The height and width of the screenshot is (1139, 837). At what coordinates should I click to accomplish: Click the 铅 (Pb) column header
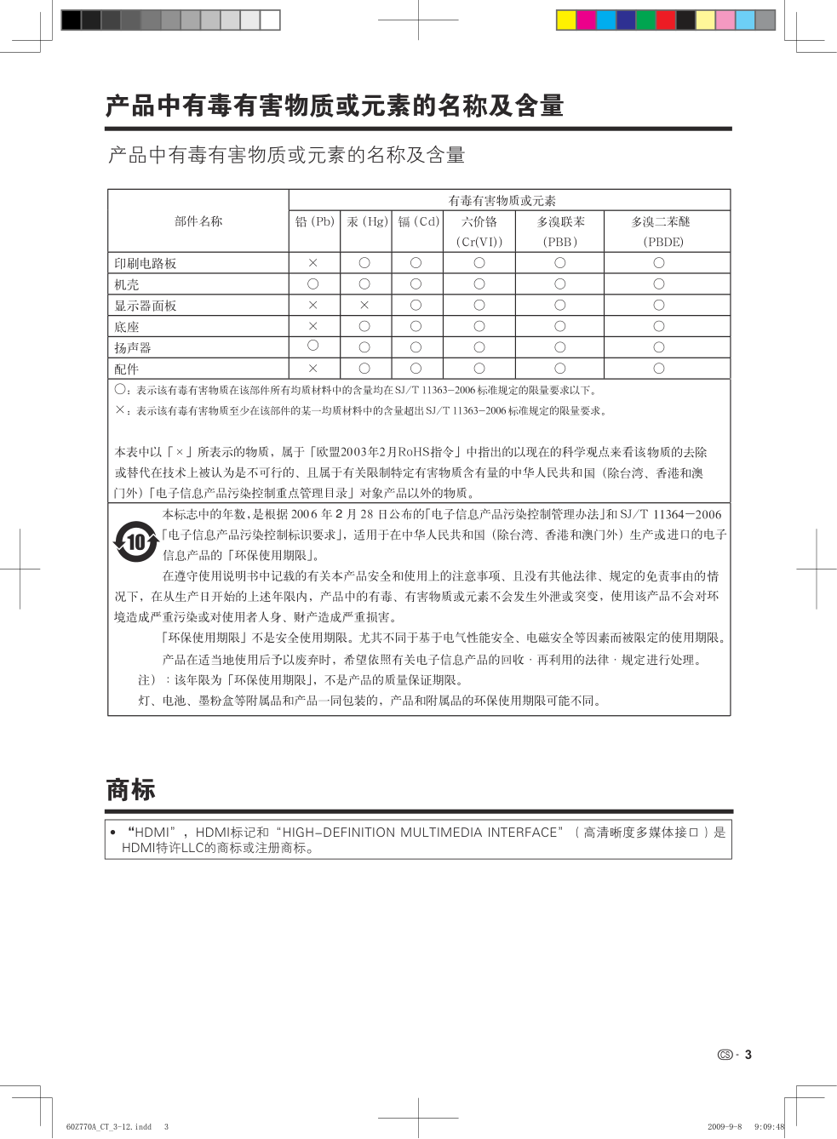click(x=314, y=221)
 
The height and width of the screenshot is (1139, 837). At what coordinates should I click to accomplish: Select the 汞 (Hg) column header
click(x=366, y=221)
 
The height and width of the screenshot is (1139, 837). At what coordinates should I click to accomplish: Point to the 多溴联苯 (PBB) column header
click(x=560, y=231)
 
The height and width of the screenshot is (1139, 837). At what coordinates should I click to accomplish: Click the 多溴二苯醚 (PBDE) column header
click(x=661, y=231)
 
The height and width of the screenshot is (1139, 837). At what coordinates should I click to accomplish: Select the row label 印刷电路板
click(x=146, y=264)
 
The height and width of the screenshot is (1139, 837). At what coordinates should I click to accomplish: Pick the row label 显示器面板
click(x=146, y=306)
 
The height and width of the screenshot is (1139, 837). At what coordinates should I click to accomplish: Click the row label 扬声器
click(x=133, y=348)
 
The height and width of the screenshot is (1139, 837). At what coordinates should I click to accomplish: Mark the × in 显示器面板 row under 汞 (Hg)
click(x=364, y=305)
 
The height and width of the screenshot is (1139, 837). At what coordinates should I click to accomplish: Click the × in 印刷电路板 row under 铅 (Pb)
click(x=313, y=263)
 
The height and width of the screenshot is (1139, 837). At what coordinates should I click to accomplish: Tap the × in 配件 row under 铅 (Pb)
click(x=313, y=369)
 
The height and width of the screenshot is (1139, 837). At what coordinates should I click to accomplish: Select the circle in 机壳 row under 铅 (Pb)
click(x=313, y=283)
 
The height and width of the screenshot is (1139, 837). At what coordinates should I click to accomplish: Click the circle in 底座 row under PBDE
click(x=659, y=326)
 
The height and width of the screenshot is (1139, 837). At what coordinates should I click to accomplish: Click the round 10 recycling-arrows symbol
click(x=136, y=541)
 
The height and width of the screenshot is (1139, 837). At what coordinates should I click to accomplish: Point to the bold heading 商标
click(x=131, y=790)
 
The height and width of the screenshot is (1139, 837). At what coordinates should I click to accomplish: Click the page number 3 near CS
click(x=748, y=1055)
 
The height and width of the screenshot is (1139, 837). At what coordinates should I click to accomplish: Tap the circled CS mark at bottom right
click(x=725, y=1055)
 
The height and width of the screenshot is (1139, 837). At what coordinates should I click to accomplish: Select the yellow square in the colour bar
click(x=566, y=20)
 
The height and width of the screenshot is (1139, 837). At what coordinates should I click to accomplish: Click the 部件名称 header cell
click(x=198, y=221)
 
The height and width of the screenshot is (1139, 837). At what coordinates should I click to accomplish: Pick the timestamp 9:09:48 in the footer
click(x=769, y=1126)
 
